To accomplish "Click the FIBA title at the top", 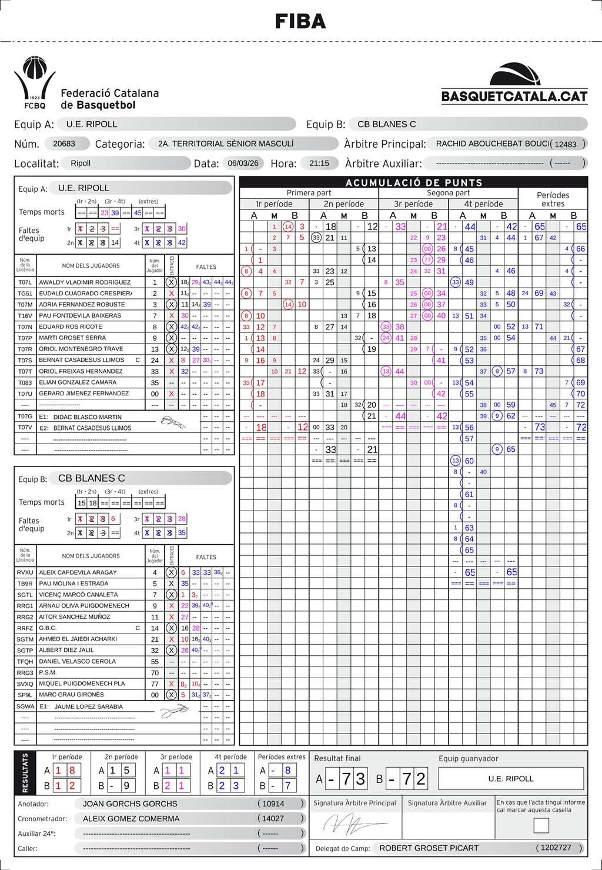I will [300, 22].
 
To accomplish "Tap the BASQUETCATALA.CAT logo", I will [514, 84].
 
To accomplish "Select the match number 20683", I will [64, 144].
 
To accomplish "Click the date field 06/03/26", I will [243, 163].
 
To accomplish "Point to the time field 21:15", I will [319, 163].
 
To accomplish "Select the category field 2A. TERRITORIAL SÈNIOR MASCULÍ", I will [226, 144].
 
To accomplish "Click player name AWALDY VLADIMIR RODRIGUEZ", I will [85, 282].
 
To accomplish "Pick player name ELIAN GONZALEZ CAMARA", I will [78, 382].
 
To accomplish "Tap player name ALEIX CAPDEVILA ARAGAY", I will [78, 572].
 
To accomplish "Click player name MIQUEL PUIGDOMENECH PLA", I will [82, 684].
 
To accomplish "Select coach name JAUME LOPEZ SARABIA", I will [89, 706].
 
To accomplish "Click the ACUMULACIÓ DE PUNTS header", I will [413, 182].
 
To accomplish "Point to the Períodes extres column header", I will [553, 199].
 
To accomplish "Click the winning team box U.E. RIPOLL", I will [511, 779].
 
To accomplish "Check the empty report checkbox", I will [541, 825].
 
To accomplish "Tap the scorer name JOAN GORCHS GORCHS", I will [130, 804].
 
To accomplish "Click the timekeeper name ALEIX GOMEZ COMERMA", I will [131, 819].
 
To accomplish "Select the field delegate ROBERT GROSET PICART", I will [429, 848].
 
